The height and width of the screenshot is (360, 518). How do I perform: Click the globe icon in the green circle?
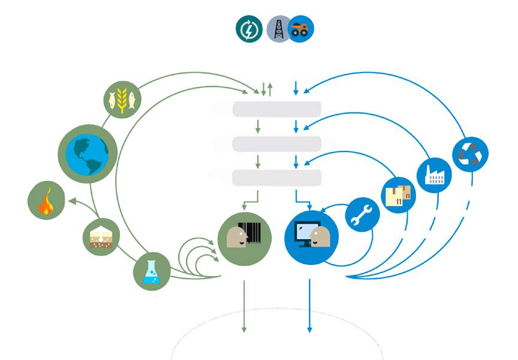[x=87, y=153]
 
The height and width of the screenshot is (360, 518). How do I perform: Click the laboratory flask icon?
[x=151, y=272]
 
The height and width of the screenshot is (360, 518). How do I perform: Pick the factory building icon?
[x=434, y=175]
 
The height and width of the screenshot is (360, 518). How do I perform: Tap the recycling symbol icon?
[x=470, y=153]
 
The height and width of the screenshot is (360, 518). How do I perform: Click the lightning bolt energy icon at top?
[x=249, y=29]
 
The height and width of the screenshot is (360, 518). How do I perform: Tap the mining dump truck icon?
[x=300, y=29]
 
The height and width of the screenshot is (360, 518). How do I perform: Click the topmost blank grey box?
[x=277, y=108]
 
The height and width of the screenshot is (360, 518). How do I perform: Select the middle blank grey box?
[x=277, y=143]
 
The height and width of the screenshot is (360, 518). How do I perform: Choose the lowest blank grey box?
[x=277, y=178]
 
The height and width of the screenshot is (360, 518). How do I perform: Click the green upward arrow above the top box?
[x=270, y=90]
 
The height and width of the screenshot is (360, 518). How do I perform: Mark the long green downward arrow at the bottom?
[x=244, y=305]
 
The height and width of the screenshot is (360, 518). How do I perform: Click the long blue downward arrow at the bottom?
[x=309, y=305]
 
